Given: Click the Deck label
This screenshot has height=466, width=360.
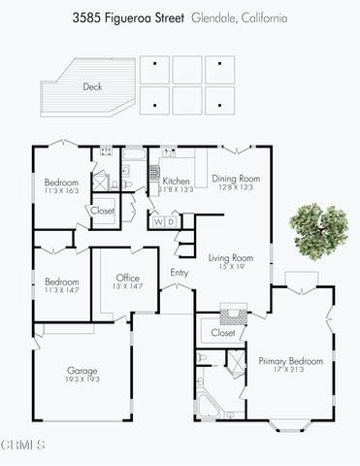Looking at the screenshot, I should click(x=92, y=86).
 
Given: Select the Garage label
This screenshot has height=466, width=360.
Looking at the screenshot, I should click(x=82, y=371).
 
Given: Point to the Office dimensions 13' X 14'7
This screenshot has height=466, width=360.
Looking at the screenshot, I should click(x=128, y=287).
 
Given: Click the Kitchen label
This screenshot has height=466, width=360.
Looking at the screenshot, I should click(x=176, y=182).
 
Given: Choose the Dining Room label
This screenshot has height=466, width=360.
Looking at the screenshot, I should click(x=237, y=178).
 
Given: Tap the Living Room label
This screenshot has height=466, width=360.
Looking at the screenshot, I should click(x=230, y=257).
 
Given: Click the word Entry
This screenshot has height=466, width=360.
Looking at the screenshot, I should click(x=180, y=273).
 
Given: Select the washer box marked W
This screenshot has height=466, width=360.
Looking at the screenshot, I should click(x=158, y=222).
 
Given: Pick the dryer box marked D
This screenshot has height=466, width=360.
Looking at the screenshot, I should click(x=172, y=222).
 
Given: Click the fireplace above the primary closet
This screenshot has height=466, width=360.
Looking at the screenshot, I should click(x=229, y=313).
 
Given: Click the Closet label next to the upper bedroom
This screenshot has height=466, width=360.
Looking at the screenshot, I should click(x=103, y=211).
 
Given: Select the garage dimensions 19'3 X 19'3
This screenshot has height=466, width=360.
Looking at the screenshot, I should click(x=82, y=382).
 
